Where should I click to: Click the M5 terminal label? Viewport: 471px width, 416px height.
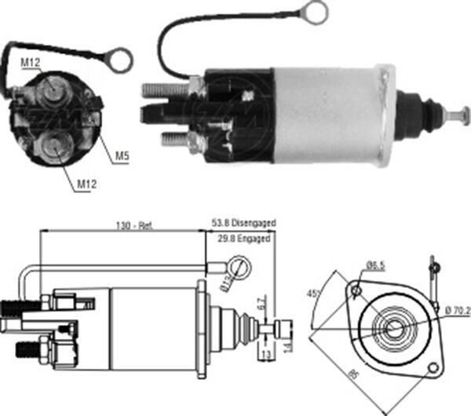tap(122, 155)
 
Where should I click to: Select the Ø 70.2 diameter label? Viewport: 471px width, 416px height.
tap(455, 312)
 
